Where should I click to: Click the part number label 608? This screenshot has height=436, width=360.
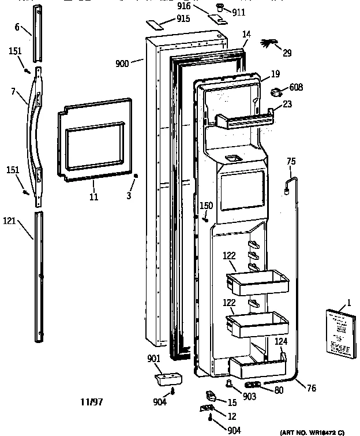pyautogui.click(x=297, y=87)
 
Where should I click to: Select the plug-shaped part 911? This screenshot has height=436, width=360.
pyautogui.click(x=220, y=8)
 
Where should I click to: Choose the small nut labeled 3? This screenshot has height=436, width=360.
pyautogui.click(x=136, y=176)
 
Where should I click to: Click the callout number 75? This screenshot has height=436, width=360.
pyautogui.click(x=291, y=162)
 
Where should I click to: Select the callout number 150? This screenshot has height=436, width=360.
pyautogui.click(x=206, y=206)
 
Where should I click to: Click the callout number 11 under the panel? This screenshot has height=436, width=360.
pyautogui.click(x=93, y=197)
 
